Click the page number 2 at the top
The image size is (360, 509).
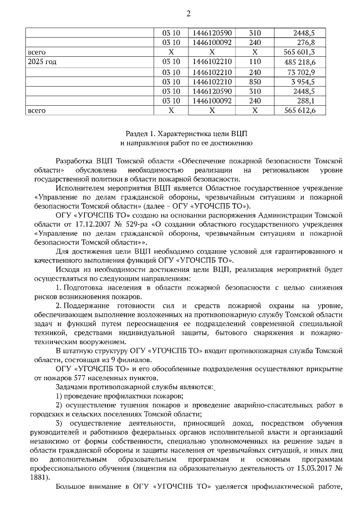(188, 13)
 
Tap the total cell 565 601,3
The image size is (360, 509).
(299, 52)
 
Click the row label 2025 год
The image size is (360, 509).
(42, 62)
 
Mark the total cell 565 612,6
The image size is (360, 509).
(299, 111)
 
